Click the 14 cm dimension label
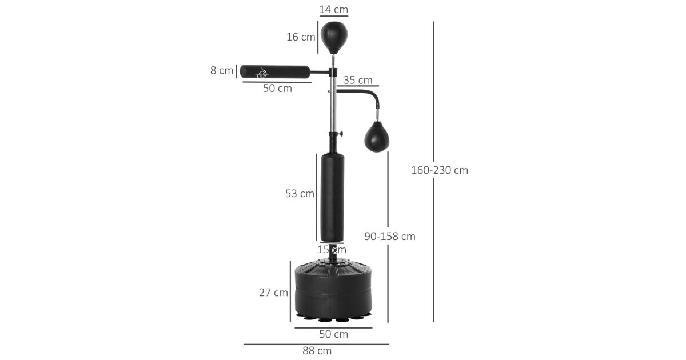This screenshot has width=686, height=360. click(x=334, y=10)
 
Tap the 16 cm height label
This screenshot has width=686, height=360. click(x=301, y=37)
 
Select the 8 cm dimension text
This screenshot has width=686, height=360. click(x=222, y=70)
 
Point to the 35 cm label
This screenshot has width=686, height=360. click(x=358, y=80)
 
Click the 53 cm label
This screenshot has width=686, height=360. click(x=300, y=194)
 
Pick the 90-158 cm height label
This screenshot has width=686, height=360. click(x=390, y=237)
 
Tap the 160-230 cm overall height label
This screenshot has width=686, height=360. click(x=440, y=170)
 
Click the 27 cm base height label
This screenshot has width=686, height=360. click(x=273, y=293)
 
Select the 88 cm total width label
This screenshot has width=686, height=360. click(x=317, y=351)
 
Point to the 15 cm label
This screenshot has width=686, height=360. click(x=332, y=250)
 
